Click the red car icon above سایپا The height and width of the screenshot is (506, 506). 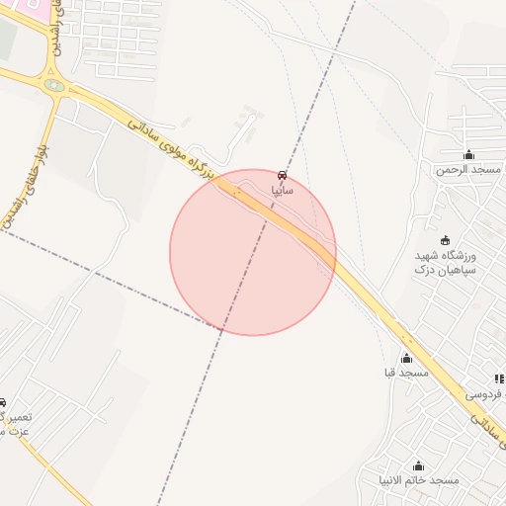(x=283, y=175)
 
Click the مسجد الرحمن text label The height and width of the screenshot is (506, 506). (x=469, y=169)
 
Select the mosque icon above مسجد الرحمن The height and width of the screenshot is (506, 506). (x=469, y=154)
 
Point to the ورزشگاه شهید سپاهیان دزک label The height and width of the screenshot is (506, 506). (x=446, y=261)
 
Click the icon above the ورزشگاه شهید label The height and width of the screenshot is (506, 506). (x=445, y=240)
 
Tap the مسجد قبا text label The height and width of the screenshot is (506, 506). (x=406, y=373)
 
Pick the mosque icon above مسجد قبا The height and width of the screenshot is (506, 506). (x=406, y=358)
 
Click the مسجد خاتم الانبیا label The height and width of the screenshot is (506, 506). (x=419, y=480)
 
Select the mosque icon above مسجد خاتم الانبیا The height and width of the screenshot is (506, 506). (x=418, y=465)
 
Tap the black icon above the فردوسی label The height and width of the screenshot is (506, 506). (x=499, y=379)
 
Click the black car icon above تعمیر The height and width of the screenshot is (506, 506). (x=3, y=403)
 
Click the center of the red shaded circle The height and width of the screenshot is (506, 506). (x=253, y=252)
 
